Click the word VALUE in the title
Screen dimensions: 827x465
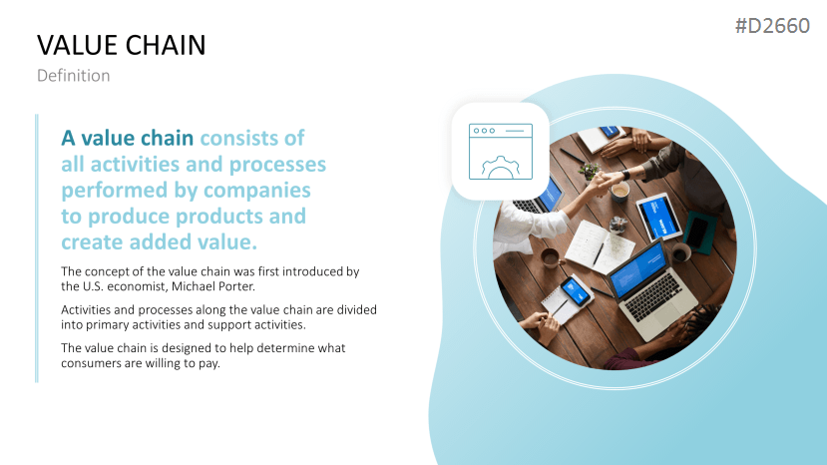tap(77, 45)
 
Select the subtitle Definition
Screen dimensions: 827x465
tap(73, 76)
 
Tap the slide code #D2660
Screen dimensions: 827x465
tap(772, 26)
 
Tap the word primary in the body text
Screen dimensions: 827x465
tap(108, 325)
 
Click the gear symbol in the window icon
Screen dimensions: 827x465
tap(501, 168)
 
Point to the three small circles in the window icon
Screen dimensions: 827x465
tap(484, 131)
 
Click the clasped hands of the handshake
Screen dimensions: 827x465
tap(606, 180)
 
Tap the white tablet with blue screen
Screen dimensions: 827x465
tap(658, 217)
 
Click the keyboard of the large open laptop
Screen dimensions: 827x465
tap(655, 296)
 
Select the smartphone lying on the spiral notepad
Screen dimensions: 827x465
tap(576, 290)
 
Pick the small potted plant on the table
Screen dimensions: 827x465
tap(589, 170)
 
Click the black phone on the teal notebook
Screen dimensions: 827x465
tap(697, 232)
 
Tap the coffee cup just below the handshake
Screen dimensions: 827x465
tap(620, 193)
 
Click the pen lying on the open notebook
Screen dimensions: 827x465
tap(599, 253)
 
